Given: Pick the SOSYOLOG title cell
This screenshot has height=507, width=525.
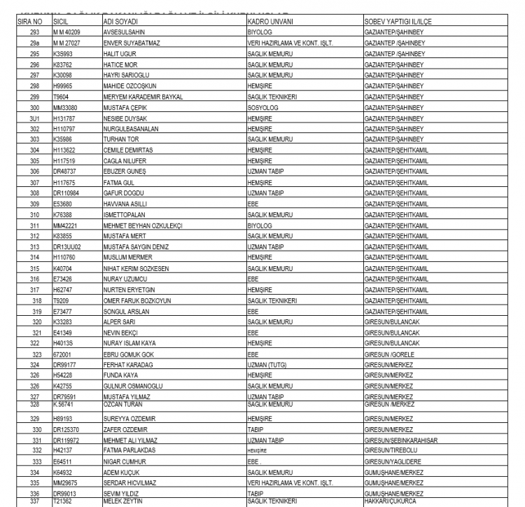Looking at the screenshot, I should point(263,109).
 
